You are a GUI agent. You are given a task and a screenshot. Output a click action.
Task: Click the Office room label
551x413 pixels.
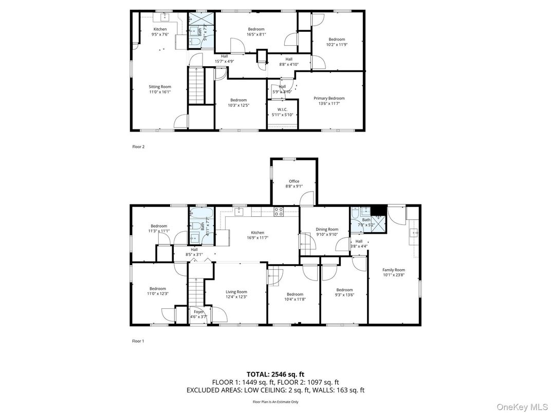[294, 183]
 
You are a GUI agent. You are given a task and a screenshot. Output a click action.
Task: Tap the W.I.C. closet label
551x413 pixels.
[282, 111]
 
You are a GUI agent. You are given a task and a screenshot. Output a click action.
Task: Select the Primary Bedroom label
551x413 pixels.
[329, 101]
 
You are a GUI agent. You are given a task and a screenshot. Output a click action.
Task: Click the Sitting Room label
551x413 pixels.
[160, 89]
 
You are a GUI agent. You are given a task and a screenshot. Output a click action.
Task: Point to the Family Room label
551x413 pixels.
[394, 272]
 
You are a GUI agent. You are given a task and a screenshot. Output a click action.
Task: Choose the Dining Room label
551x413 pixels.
[327, 232]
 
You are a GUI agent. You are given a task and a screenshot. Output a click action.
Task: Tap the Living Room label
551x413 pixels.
[236, 294]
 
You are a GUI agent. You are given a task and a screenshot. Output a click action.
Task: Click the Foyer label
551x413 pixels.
[199, 314]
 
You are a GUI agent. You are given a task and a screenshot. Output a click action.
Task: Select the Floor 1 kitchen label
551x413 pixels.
[258, 235]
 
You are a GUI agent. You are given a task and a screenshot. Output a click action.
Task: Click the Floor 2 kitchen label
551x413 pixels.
[160, 32]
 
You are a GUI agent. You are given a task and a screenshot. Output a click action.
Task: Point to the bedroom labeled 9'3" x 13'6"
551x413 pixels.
[344, 292]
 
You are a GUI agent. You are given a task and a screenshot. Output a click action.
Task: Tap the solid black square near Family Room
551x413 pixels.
[379, 210]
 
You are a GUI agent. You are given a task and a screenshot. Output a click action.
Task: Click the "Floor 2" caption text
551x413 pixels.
[139, 147]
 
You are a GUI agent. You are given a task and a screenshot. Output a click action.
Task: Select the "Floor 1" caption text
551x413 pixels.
[138, 341]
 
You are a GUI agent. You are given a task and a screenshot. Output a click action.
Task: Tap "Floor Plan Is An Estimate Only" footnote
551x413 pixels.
[275, 402]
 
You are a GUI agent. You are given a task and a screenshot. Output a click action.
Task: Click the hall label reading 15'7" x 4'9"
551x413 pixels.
[224, 59]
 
